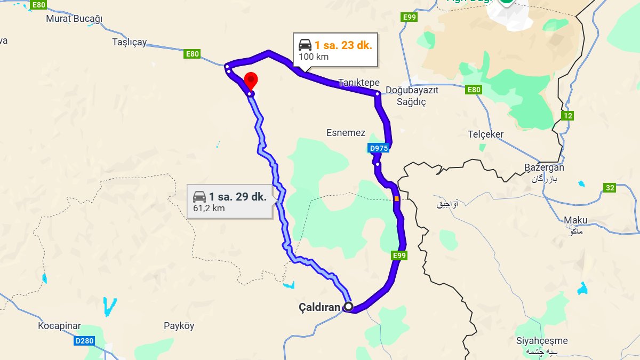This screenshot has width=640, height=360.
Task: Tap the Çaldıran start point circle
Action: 348,307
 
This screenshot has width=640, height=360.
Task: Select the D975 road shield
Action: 379,148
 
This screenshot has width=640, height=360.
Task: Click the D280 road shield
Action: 84,340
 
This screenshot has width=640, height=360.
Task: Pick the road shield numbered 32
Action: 610,187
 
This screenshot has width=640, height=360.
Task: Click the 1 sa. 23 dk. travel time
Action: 343,45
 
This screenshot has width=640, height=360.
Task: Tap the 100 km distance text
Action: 314,57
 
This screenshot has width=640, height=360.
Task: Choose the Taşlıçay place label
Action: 130,42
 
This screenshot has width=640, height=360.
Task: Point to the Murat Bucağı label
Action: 74,19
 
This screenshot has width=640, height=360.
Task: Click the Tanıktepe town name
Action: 359,83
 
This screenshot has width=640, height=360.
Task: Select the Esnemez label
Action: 346,133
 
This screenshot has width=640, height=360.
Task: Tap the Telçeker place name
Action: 485,134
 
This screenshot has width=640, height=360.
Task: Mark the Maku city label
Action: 575,220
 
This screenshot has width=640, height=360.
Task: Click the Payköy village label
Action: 179,326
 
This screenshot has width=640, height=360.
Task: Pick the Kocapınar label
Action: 59,326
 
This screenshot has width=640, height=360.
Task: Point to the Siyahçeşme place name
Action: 542,341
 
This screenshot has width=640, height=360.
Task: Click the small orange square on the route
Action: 396,199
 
